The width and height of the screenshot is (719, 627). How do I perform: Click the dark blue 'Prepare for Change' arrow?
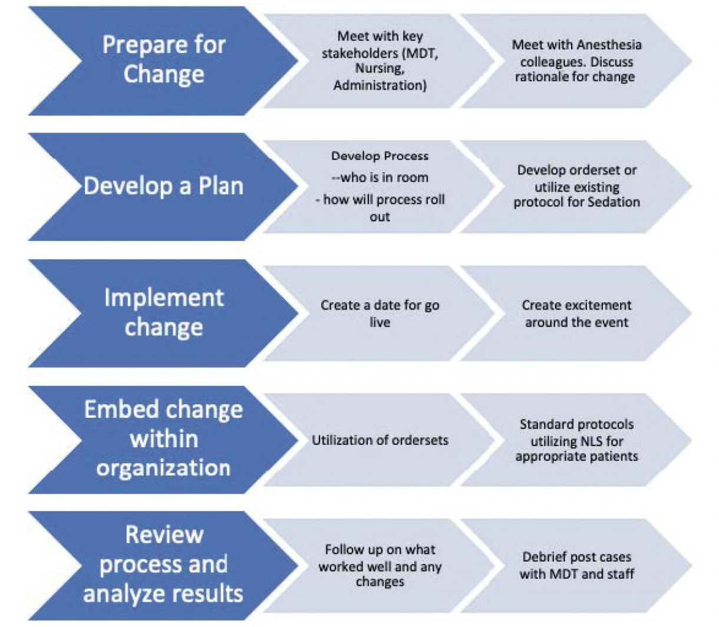[164, 60]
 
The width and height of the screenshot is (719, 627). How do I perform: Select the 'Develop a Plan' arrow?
[164, 186]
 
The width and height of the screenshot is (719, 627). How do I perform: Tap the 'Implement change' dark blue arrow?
[164, 312]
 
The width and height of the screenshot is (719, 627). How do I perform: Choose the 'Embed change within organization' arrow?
[164, 439]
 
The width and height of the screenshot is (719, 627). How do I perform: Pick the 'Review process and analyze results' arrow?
[164, 565]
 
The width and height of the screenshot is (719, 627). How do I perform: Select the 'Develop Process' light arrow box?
[380, 186]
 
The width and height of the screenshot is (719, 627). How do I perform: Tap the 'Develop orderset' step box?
[576, 186]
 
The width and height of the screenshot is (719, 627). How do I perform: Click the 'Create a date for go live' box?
[380, 313]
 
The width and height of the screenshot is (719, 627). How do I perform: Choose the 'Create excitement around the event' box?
[576, 313]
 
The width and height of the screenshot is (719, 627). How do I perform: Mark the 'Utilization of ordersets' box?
[380, 440]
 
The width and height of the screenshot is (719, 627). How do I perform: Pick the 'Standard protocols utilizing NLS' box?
[576, 440]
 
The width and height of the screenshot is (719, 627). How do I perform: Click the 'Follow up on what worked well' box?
[380, 566]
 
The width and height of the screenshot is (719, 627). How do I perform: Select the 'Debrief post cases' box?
[576, 566]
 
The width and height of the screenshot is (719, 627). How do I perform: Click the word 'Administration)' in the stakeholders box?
[380, 85]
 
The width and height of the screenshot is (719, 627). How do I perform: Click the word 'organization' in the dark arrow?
[164, 468]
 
